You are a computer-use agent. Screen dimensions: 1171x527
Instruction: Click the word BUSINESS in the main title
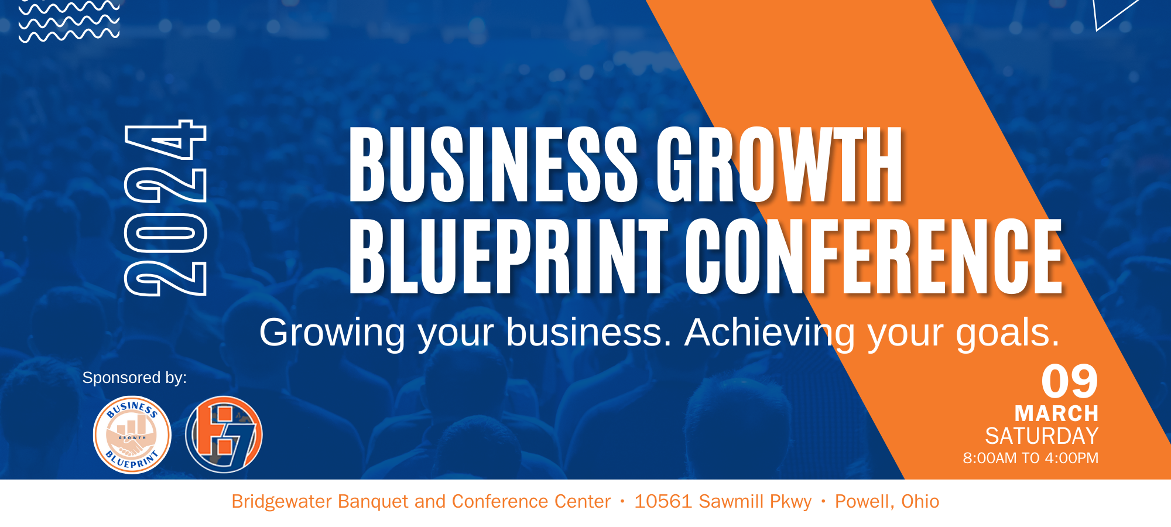point(493,165)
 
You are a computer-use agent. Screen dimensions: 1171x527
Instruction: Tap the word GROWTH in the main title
point(780,165)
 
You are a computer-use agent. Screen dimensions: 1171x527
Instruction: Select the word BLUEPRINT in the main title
point(508,256)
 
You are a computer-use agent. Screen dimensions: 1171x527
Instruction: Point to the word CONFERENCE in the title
point(874,256)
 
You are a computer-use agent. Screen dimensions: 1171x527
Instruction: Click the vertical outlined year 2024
point(166,208)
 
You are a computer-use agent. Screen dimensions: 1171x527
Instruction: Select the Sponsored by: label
point(135,378)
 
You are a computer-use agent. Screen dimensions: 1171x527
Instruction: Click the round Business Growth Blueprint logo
point(132,435)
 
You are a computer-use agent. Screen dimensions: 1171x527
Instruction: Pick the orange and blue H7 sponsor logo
point(224,435)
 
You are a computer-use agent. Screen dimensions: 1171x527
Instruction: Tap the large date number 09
point(1070,381)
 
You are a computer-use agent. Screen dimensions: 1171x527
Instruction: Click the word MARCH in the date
point(1057,413)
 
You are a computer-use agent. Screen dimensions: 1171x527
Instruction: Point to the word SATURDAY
point(1042,436)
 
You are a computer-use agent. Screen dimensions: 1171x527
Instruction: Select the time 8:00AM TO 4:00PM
point(1031,458)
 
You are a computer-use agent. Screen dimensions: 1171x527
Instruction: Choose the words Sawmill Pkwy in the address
point(755,502)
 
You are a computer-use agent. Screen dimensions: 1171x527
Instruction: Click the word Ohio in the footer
point(920,501)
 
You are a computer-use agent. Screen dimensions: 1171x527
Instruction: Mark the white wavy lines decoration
point(69,21)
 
